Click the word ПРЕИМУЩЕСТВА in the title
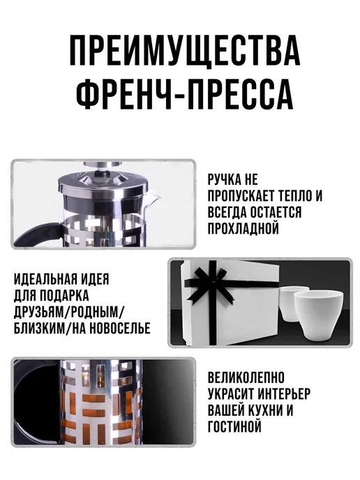(x=185, y=50)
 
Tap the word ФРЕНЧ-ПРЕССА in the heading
(x=185, y=94)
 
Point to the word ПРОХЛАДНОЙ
(x=243, y=228)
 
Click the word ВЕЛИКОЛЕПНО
(x=246, y=377)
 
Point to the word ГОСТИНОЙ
(x=235, y=426)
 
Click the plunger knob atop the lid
(x=103, y=165)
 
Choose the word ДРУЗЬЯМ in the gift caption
(x=38, y=312)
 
